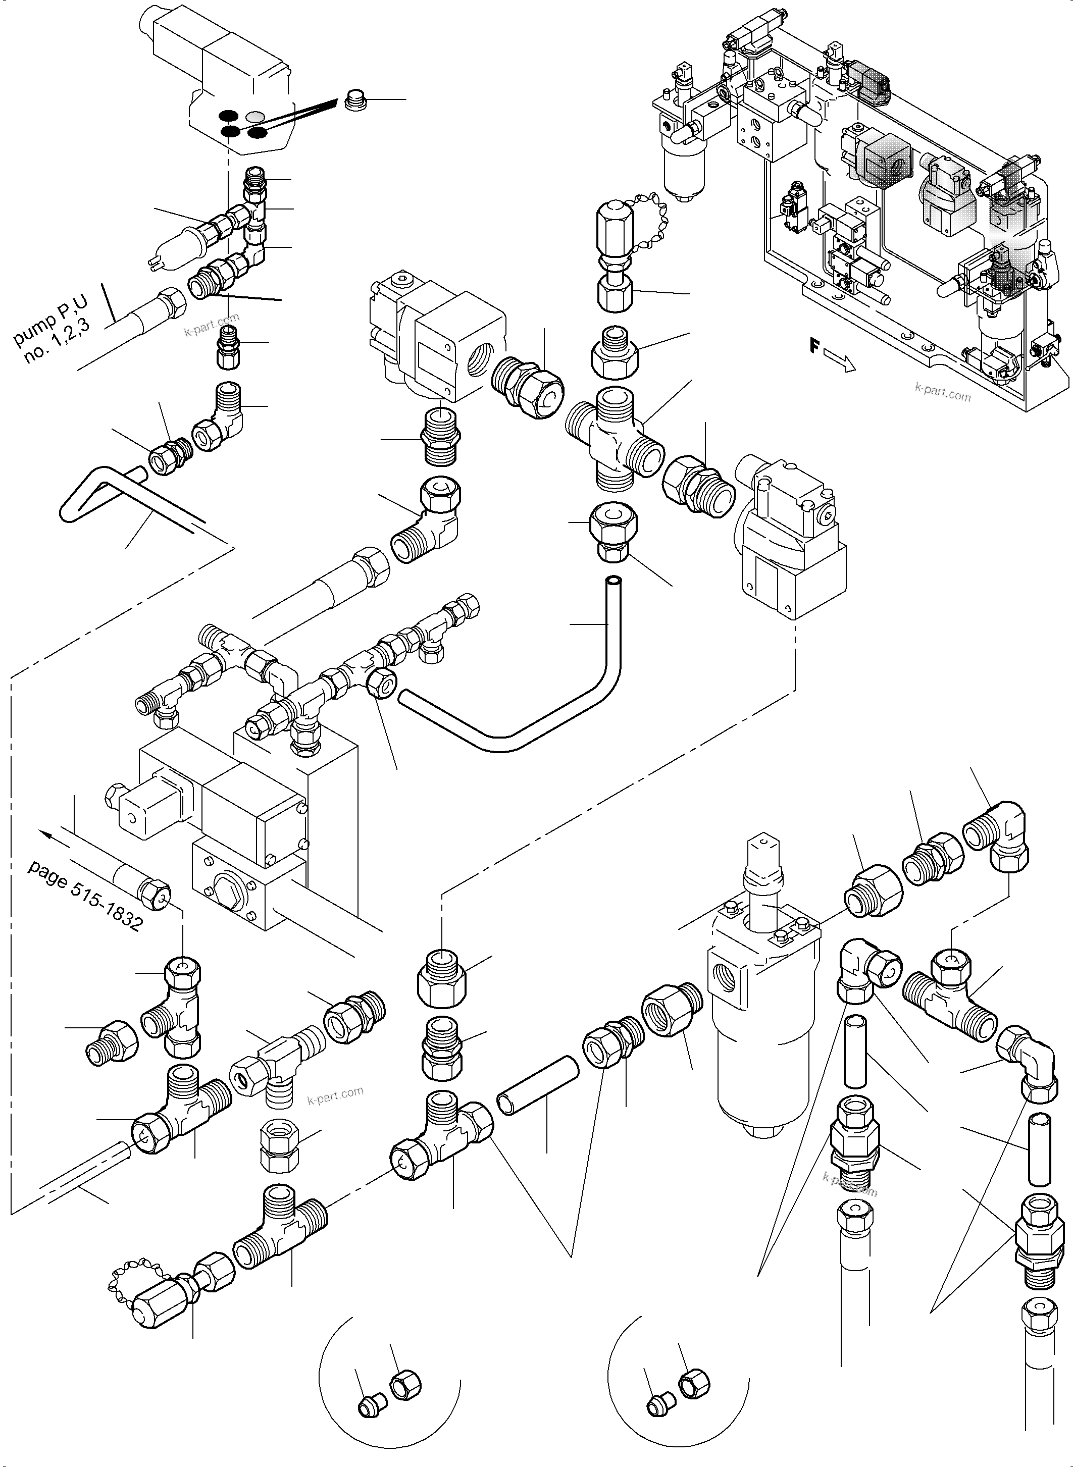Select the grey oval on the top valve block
[x=256, y=117]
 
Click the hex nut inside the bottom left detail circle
[x=405, y=1388]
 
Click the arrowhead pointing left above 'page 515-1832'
[x=45, y=834]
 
